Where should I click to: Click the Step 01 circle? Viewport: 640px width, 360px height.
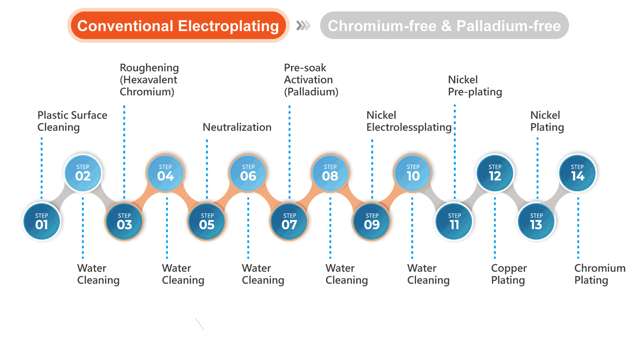[42, 221]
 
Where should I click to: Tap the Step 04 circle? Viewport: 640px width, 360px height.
[166, 173]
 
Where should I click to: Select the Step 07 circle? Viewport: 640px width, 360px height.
[289, 221]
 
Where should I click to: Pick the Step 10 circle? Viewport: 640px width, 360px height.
[413, 173]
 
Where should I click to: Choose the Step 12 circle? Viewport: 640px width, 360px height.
[495, 173]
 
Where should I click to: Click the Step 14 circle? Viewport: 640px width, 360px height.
[578, 173]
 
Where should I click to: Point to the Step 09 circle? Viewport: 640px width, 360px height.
[372, 221]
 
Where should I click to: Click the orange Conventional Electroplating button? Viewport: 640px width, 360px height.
[178, 26]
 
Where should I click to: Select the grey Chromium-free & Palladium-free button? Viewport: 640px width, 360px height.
[444, 26]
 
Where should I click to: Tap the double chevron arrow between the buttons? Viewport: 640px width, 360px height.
[303, 26]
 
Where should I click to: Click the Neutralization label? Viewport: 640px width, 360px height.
[237, 127]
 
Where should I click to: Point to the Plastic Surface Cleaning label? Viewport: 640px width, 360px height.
[72, 121]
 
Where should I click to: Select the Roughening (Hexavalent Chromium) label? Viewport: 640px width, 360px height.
[149, 80]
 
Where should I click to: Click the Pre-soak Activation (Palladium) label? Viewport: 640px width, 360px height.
[311, 80]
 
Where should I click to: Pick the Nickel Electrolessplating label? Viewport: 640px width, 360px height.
[409, 121]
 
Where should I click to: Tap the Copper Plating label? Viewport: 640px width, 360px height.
[509, 274]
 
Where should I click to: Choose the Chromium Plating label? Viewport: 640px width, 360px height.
[599, 274]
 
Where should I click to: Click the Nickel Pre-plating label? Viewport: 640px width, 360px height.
[475, 86]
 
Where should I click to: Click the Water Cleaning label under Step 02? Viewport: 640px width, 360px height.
[98, 274]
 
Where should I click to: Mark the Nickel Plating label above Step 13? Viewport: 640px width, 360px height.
[547, 121]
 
